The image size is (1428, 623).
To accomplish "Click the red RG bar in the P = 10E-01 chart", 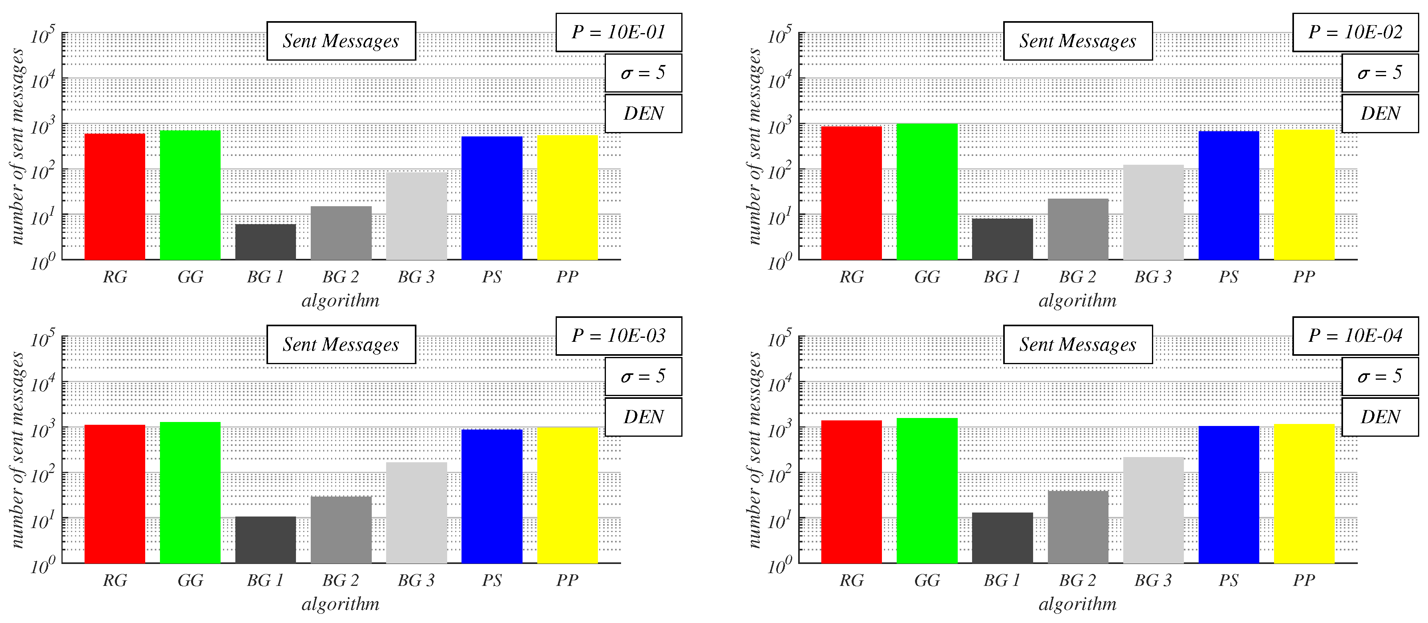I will [115, 197].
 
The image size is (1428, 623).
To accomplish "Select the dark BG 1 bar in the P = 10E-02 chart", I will [1002, 239].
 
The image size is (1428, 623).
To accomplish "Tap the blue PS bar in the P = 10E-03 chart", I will [492, 496].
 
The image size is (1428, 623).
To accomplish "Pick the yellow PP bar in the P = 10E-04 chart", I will [1304, 493].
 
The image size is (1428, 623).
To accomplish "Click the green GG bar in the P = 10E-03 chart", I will [190, 492].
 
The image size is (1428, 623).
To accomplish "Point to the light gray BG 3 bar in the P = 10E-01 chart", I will [416, 216].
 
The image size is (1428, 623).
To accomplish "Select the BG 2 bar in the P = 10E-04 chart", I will [1078, 526].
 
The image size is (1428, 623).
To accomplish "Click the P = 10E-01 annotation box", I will [619, 33].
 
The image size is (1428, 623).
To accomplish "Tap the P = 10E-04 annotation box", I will [1355, 336].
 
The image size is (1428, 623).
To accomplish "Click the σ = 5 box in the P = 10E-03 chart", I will [643, 377].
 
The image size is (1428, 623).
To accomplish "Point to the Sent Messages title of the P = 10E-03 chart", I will [341, 345].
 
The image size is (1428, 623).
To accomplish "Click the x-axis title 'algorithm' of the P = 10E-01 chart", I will [340, 300].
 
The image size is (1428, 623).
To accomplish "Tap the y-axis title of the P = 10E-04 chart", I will [753, 450].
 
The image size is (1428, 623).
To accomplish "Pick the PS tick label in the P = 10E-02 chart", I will [1229, 276].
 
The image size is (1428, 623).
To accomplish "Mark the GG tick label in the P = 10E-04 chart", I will [927, 580].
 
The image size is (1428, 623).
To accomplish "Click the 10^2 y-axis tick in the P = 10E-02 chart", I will [779, 171].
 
